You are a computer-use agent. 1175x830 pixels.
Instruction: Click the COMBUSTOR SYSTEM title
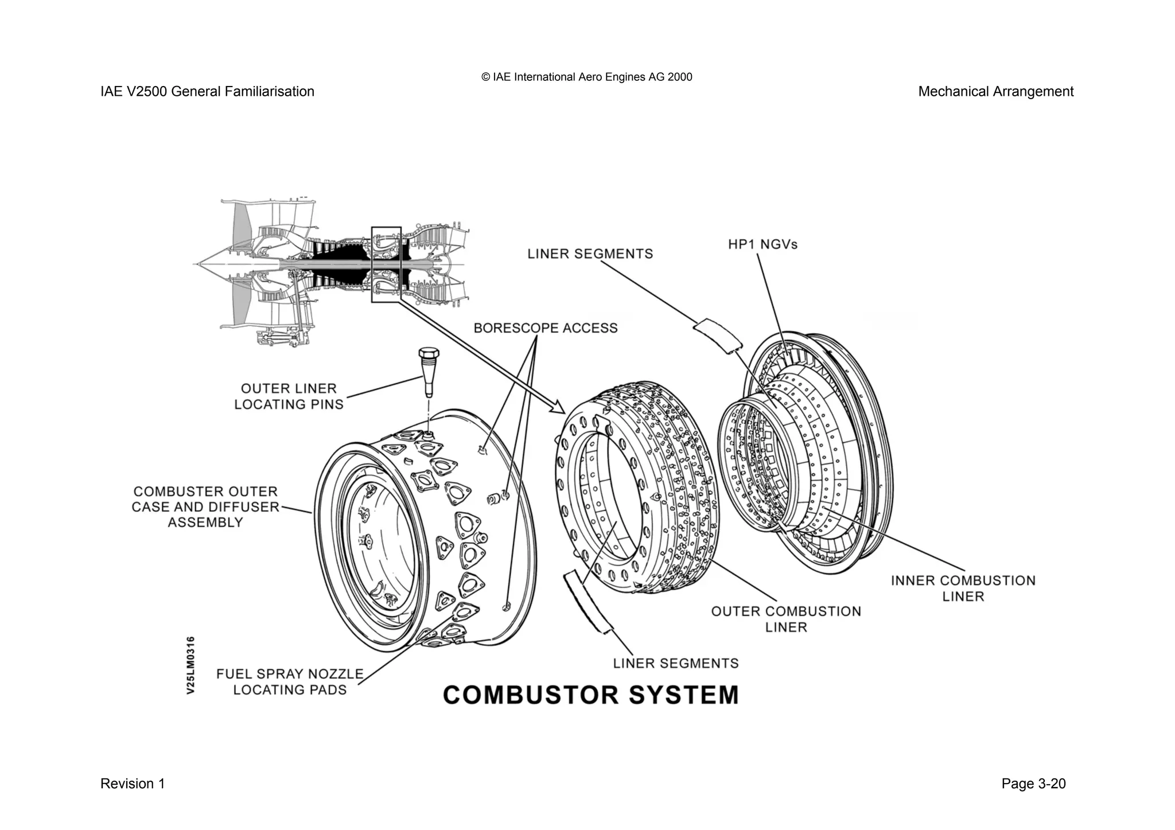[590, 695]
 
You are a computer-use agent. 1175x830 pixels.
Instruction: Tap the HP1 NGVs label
[762, 244]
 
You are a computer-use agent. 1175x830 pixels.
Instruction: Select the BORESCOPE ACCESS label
[545, 328]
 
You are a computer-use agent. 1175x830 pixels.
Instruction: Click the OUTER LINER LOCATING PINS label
[289, 396]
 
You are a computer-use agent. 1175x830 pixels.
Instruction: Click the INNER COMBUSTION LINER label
[963, 589]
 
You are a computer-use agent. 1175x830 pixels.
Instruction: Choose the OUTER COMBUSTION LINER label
[786, 619]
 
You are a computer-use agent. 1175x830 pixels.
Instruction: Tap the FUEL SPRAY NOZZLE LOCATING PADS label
[290, 681]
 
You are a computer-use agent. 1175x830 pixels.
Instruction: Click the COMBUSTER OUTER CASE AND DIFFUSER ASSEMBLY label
[205, 507]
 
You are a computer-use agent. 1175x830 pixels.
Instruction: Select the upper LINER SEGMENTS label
[590, 254]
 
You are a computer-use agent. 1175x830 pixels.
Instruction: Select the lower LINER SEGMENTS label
[676, 664]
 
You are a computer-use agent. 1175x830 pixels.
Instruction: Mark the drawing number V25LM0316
[191, 665]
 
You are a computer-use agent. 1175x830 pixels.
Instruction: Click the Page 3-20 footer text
[1033, 784]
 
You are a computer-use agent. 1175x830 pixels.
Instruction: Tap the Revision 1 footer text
[133, 784]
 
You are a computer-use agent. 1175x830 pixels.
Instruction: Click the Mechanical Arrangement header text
[995, 92]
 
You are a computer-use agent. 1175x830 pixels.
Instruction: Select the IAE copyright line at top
[586, 77]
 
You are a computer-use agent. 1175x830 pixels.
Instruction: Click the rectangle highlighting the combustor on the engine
[386, 264]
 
